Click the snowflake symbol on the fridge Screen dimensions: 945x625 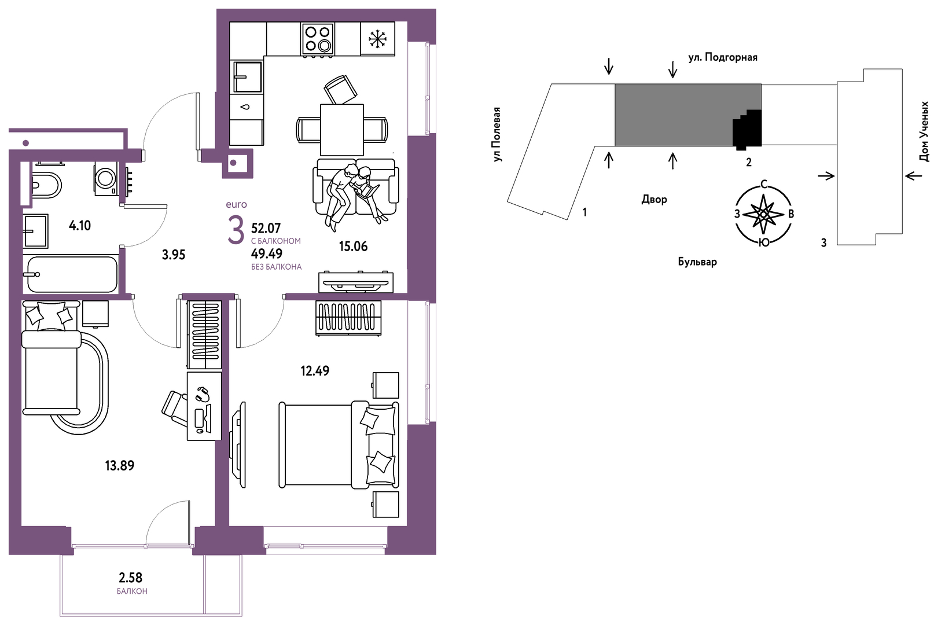coord(377,39)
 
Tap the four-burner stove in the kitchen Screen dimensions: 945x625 coord(318,39)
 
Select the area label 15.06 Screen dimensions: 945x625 coord(353,246)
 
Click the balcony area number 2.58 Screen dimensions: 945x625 coord(130,577)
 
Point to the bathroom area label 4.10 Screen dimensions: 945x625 coord(80,226)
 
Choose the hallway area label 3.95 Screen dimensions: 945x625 coord(174,255)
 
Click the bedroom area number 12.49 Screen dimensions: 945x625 coord(315,371)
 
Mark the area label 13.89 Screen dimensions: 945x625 coord(119,466)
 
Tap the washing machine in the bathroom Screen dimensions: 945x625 coord(105,178)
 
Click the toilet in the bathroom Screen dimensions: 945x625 coord(46,185)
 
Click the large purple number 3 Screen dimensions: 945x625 coord(236,230)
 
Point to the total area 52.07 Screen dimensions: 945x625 coord(266,229)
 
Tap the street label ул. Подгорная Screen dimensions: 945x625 coord(723,57)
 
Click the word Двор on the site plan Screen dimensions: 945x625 coord(654,199)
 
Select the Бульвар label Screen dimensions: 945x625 coord(697,262)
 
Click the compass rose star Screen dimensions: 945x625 coord(763,214)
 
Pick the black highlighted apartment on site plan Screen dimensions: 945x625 coord(748,128)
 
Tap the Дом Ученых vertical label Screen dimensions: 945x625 coord(924,131)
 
